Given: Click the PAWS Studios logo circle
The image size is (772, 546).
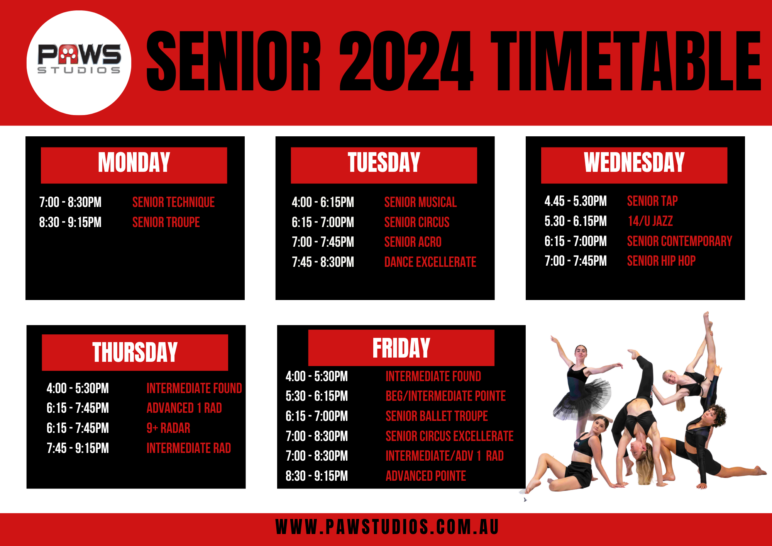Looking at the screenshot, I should [79, 63].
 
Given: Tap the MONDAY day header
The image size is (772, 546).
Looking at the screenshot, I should [134, 163].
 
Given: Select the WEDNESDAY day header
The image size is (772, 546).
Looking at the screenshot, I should [634, 163].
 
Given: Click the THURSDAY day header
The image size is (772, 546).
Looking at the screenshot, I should [135, 352].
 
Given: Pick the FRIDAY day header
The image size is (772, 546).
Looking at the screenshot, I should [401, 348].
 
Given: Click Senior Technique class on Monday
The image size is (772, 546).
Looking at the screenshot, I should [173, 202].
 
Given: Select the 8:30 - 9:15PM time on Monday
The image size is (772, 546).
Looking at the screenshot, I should [70, 222].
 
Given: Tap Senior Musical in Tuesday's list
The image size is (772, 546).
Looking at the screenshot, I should [420, 202].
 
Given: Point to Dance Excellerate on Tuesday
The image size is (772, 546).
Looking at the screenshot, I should [430, 262].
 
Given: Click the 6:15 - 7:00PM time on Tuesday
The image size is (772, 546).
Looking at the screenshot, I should [323, 222].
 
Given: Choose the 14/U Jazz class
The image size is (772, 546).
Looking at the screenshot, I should [650, 221].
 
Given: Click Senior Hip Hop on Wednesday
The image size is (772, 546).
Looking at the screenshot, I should [661, 261].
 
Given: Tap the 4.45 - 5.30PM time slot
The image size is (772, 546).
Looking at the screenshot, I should [576, 201].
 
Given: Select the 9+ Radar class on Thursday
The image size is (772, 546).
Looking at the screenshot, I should [168, 428].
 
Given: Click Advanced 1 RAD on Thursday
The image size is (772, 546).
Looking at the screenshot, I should [184, 408].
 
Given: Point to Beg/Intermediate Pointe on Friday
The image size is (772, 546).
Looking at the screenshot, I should [445, 396].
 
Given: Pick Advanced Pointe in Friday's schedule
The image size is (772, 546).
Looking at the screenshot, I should [426, 476].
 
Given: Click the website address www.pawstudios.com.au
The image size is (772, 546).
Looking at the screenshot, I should [387, 527].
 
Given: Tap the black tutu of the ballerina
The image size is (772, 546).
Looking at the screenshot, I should [583, 400].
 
